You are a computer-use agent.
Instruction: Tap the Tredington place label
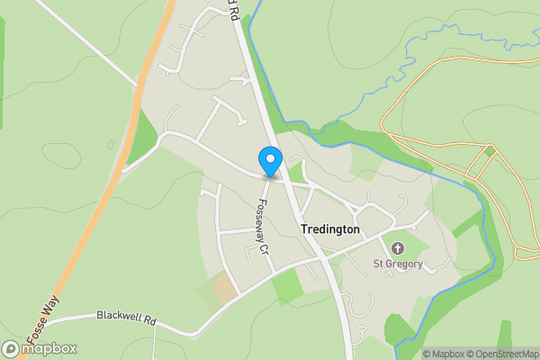[x=329, y=229]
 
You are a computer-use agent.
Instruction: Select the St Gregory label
[x=398, y=264]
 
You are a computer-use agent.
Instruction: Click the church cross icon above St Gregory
[x=398, y=247]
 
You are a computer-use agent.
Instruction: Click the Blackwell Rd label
[x=127, y=318]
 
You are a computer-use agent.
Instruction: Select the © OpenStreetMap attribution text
[x=506, y=354]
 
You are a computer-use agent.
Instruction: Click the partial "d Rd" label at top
[x=232, y=11]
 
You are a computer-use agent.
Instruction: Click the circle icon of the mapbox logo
[x=11, y=349]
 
